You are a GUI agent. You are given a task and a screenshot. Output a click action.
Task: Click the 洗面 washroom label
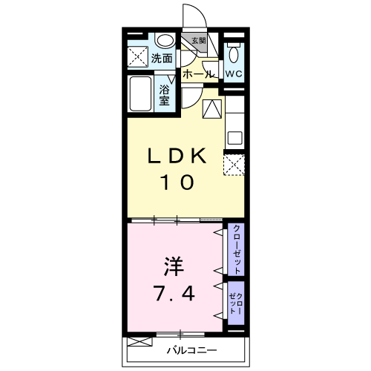[x=162, y=57]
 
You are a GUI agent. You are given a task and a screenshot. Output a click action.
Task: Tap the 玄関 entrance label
[x=198, y=42]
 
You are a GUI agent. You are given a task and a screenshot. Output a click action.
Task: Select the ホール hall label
[x=198, y=75]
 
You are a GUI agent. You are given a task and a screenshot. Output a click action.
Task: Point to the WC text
[x=234, y=74]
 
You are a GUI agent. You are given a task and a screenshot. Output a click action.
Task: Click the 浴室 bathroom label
[x=165, y=96]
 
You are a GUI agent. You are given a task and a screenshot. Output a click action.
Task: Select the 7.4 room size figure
[x=175, y=295]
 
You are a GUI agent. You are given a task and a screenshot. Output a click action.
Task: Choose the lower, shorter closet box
[x=236, y=302]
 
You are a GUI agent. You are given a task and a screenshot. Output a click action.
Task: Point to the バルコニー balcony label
[x=191, y=349]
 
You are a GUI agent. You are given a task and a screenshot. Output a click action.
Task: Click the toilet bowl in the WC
[x=234, y=53]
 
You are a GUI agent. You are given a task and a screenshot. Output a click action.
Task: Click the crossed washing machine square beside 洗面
[x=137, y=55]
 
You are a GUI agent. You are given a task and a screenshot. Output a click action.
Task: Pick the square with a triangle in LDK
[x=211, y=108]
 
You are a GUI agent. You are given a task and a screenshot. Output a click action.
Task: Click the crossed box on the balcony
[x=138, y=343]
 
